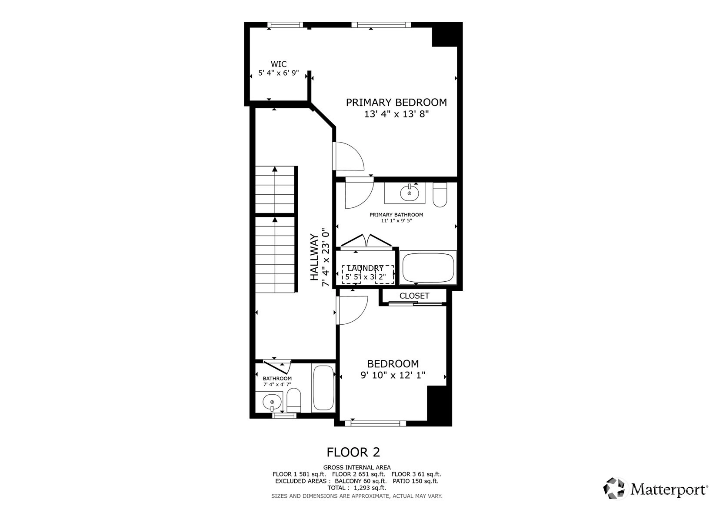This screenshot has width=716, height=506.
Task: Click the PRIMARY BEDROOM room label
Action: click(x=396, y=102)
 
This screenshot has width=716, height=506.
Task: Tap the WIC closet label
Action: click(x=279, y=64)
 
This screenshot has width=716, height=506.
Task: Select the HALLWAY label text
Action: click(x=315, y=257)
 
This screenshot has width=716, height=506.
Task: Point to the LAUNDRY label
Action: click(x=365, y=268)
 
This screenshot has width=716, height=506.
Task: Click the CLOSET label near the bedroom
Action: click(x=414, y=296)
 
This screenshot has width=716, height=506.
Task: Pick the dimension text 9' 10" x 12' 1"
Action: click(x=393, y=375)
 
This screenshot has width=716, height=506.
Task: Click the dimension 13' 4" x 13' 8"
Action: click(x=396, y=114)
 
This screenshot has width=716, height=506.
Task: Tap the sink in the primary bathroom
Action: click(x=410, y=193)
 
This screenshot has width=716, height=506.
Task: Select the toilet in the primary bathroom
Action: click(x=440, y=195)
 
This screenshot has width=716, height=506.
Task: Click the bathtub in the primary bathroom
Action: click(x=428, y=267)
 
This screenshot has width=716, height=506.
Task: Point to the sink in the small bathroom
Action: click(x=272, y=402)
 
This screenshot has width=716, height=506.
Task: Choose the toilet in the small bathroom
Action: click(x=294, y=400)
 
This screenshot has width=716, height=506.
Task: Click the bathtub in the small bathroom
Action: click(x=323, y=388)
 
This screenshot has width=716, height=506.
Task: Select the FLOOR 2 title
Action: click(x=353, y=452)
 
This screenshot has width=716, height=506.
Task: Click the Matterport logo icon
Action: click(x=614, y=489)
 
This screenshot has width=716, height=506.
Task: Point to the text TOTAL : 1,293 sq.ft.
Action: click(x=357, y=488)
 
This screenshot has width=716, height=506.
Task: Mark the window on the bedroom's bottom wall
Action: click(x=376, y=423)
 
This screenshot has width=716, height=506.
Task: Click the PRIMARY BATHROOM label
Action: click(x=396, y=215)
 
